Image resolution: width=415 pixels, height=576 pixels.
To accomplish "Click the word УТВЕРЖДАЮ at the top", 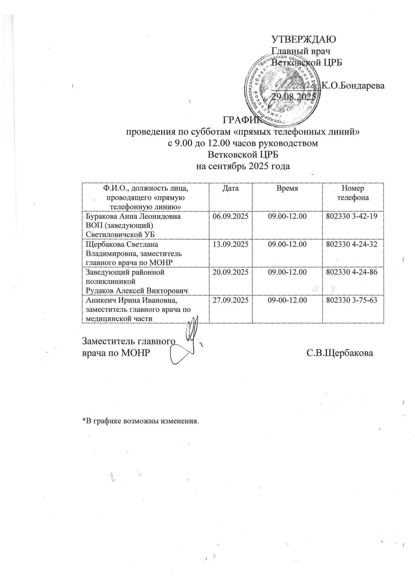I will pos(304,39).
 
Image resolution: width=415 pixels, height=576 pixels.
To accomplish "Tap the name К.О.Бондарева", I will pos(353,85).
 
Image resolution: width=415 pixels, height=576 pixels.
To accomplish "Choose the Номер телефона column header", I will pos(353,193).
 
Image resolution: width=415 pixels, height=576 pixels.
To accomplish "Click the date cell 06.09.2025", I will pos(231,216).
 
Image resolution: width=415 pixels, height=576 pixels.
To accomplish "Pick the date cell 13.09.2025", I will pos(231,244).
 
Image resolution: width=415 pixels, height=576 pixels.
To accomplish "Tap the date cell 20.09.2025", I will pos(231,272).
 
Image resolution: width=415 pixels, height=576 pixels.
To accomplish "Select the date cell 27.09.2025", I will pos(231,300).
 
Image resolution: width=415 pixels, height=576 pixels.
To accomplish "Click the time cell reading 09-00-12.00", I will pos(287,300).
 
